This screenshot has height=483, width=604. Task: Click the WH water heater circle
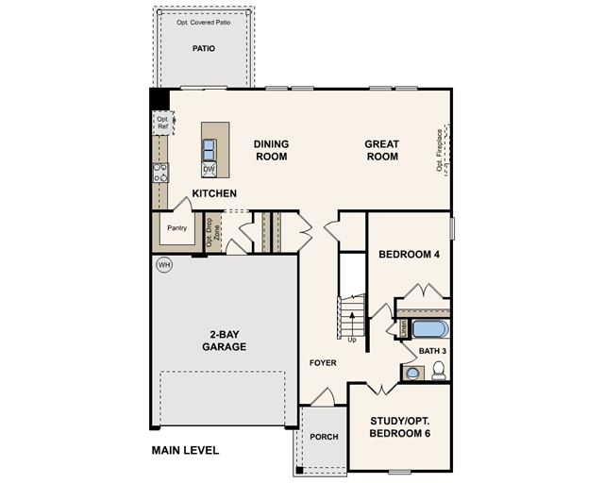pyautogui.click(x=164, y=265)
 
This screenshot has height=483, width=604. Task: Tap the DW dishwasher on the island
pyautogui.click(x=209, y=170)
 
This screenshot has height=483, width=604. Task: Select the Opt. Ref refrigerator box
pyautogui.click(x=163, y=123)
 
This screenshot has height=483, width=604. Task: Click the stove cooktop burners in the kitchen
pyautogui.click(x=160, y=173)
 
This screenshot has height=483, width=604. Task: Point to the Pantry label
pyautogui.click(x=177, y=228)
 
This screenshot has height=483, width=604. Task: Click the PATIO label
pyautogui.click(x=204, y=48)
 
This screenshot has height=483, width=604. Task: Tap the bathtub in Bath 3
pyautogui.click(x=430, y=329)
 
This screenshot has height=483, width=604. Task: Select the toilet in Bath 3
pyautogui.click(x=438, y=371)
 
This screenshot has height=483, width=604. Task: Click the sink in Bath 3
pyautogui.click(x=413, y=374)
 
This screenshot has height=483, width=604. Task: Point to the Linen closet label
pyautogui.click(x=404, y=329)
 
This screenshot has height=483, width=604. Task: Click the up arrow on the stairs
pyautogui.click(x=352, y=324)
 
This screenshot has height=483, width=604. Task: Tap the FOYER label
pyautogui.click(x=323, y=363)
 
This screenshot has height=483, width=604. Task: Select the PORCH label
pyautogui.click(x=324, y=437)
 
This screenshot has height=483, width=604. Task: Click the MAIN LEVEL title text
pyautogui.click(x=185, y=450)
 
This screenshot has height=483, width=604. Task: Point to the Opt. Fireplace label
pyautogui.click(x=440, y=150)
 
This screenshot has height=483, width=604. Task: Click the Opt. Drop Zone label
pyautogui.click(x=213, y=232)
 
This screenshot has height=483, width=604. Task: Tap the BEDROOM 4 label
pyautogui.click(x=409, y=254)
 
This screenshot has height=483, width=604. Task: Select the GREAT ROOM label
pyautogui.click(x=381, y=150)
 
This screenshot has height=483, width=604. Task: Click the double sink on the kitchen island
pyautogui.click(x=209, y=150)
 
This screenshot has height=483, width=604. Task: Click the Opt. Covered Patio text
pyautogui.click(x=204, y=23)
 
